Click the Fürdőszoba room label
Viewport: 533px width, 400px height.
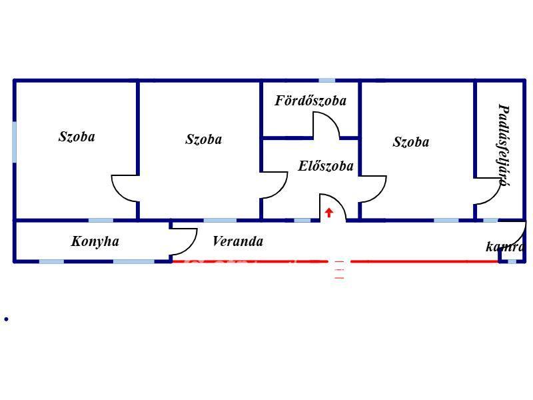click(310, 101)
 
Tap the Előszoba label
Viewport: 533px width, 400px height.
click(326, 166)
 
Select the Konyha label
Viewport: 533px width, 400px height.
click(95, 241)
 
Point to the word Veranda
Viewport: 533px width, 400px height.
click(237, 241)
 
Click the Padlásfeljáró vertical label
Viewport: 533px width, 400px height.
click(504, 143)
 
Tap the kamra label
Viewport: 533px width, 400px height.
click(504, 247)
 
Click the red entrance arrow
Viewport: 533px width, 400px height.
click(328, 213)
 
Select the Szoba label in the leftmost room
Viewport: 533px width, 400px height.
click(77, 137)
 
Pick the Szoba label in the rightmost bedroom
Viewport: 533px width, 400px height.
click(411, 142)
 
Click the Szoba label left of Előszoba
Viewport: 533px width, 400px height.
click(204, 139)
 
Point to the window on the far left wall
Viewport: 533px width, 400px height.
click(14, 141)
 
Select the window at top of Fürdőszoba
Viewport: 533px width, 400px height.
click(326, 81)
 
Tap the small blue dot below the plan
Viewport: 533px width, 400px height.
click(6, 319)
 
